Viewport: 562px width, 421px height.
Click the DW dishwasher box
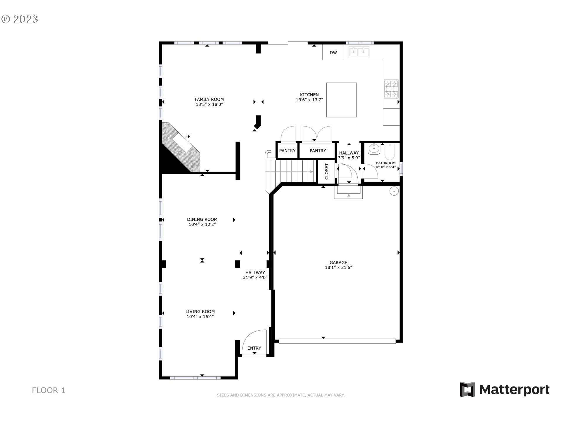[x=333, y=53]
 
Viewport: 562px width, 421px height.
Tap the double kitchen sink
[x=359, y=52]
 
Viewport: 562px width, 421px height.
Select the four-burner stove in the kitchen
[x=391, y=89]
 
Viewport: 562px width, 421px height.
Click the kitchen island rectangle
[x=341, y=100]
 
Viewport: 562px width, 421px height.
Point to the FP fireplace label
[x=188, y=136]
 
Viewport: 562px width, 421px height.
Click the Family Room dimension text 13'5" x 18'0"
[x=209, y=104]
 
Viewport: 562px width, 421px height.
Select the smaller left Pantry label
[x=287, y=151]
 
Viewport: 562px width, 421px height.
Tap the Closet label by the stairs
[x=327, y=171]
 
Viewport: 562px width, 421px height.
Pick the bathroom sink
[x=374, y=149]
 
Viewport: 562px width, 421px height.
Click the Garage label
[x=338, y=263]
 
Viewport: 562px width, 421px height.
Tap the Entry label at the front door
[x=254, y=348]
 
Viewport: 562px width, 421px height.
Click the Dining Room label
[x=202, y=219]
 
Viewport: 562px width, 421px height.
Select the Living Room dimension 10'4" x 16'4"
[x=200, y=317]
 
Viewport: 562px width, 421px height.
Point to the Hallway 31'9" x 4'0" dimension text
[x=255, y=278]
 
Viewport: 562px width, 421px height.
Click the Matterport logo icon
[x=467, y=389]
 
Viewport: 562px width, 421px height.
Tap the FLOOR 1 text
[x=49, y=390]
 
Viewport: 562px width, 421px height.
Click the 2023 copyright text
[x=20, y=19]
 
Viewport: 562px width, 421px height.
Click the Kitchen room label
[x=309, y=95]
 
